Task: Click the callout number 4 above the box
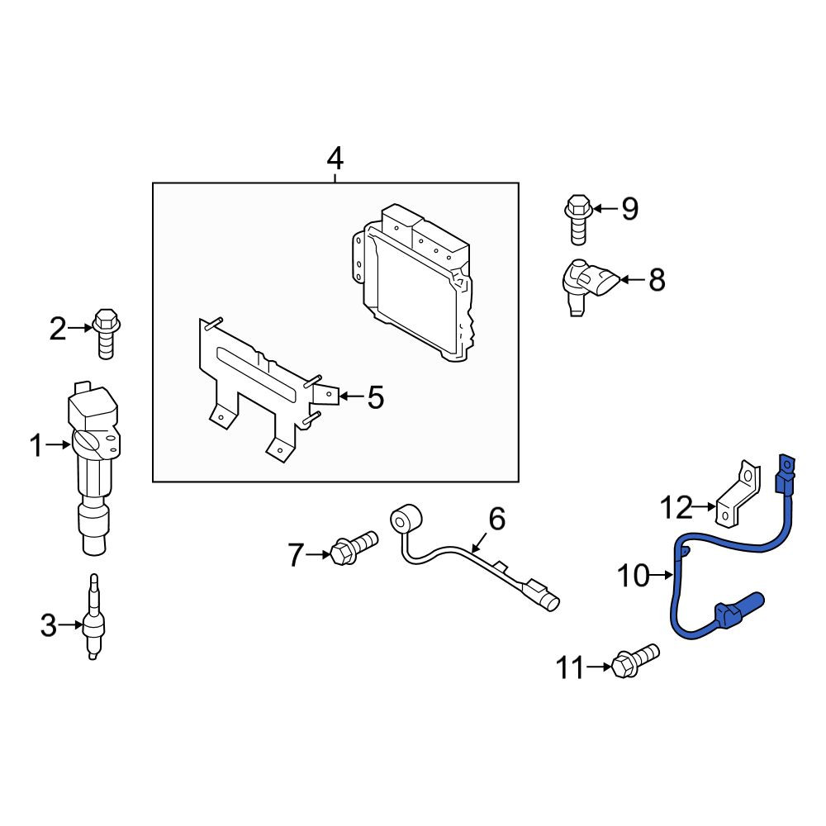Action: [x=335, y=159]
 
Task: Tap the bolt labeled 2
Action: [x=107, y=334]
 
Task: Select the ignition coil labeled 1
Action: [x=93, y=468]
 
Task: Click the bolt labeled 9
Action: [x=578, y=220]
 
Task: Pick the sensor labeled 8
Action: [x=586, y=286]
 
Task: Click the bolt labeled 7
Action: [x=354, y=548]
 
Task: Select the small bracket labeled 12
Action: [x=738, y=494]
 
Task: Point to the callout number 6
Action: [x=496, y=519]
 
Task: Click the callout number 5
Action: [x=375, y=397]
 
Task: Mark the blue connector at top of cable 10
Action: [x=785, y=472]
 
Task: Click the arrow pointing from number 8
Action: [x=632, y=280]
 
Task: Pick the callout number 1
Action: [x=36, y=445]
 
